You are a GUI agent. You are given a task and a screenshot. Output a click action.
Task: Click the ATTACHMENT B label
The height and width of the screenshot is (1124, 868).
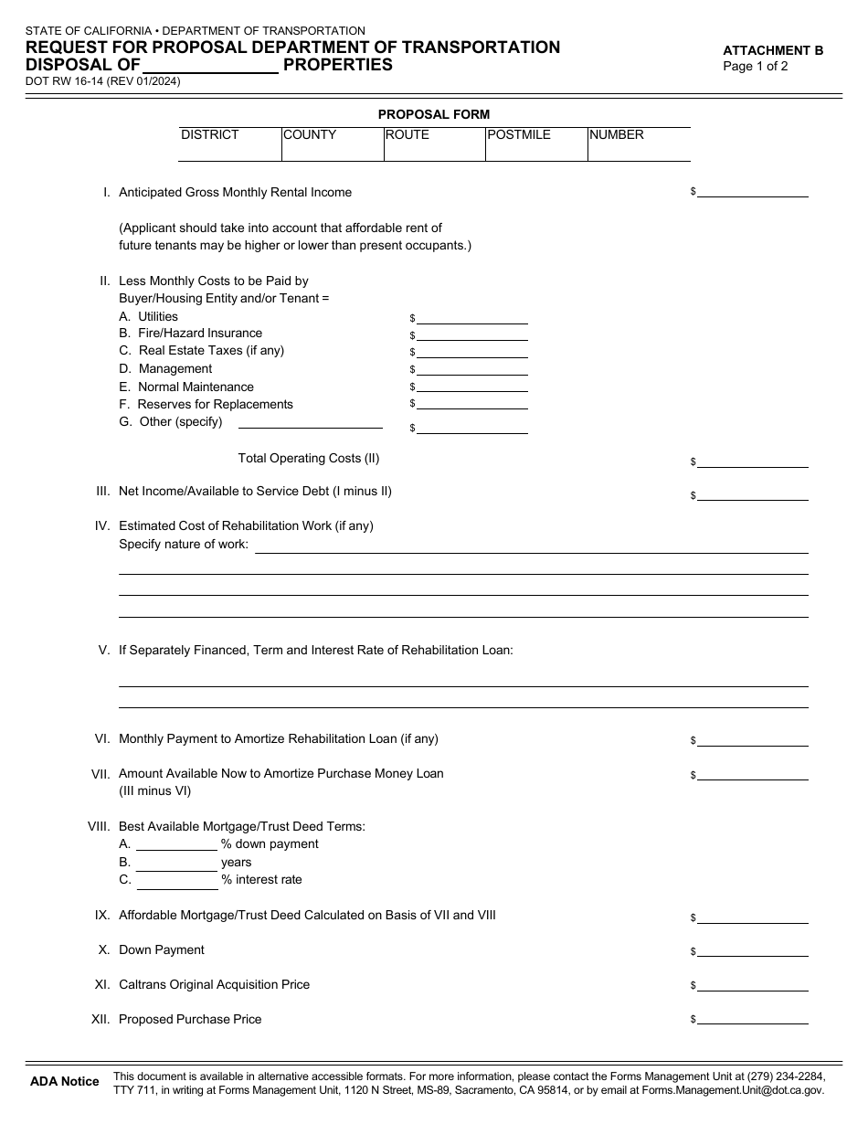(x=773, y=50)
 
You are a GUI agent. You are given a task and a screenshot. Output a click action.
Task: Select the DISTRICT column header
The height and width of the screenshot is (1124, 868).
(x=210, y=134)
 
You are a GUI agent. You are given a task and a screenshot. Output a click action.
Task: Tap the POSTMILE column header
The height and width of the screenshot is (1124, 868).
(x=519, y=134)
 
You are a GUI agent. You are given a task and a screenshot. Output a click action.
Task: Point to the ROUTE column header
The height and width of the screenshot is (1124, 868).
(x=408, y=134)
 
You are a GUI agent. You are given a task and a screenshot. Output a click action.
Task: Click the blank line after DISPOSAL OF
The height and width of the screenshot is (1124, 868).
(x=211, y=66)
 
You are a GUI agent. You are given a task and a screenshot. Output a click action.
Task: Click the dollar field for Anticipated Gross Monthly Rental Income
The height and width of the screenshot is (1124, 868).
(x=753, y=192)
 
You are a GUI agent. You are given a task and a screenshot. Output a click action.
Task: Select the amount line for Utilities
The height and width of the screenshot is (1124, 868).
(x=472, y=318)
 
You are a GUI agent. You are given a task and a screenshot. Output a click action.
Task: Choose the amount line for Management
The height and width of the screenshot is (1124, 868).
(x=472, y=370)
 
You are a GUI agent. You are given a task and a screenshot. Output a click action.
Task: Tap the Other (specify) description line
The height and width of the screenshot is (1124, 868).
(x=310, y=422)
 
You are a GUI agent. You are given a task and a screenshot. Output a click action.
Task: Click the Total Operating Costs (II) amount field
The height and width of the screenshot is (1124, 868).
(x=753, y=462)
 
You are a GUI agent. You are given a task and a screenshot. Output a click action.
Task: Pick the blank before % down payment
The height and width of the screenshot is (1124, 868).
(x=176, y=845)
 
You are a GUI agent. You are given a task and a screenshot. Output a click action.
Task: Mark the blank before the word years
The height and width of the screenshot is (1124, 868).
(x=176, y=863)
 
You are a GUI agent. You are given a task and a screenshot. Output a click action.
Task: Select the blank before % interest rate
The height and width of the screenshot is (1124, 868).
(x=176, y=881)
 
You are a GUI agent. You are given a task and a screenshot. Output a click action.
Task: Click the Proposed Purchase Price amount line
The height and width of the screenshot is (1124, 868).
(x=753, y=1020)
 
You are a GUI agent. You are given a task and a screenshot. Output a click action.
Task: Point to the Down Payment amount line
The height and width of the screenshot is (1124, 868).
(x=753, y=950)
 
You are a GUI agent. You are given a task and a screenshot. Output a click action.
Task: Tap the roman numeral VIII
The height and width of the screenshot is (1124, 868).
(x=99, y=826)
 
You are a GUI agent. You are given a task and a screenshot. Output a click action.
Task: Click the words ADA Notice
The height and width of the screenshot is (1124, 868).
(x=65, y=1081)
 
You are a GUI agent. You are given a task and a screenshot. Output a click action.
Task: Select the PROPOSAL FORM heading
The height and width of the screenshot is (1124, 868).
(x=434, y=114)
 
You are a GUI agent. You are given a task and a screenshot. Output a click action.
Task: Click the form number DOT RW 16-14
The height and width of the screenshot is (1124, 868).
(x=64, y=81)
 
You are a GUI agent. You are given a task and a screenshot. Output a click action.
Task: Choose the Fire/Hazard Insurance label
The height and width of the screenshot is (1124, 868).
(x=200, y=333)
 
